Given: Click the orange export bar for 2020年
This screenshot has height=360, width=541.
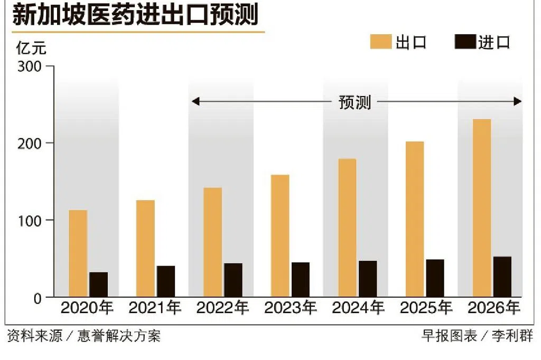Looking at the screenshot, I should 78,253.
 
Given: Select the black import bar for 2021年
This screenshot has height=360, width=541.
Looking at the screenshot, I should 166,281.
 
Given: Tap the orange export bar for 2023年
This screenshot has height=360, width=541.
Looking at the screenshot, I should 280,235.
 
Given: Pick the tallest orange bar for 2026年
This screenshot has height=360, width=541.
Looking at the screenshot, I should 481,208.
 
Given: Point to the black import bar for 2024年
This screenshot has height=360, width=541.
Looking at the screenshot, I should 368,279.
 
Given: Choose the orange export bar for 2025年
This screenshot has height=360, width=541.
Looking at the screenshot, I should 415,219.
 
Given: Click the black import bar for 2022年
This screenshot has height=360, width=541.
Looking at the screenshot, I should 233,280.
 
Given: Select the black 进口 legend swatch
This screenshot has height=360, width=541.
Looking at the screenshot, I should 465,42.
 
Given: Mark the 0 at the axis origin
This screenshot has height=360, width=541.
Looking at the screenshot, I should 36,298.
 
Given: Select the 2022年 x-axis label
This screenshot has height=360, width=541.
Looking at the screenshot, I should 222,308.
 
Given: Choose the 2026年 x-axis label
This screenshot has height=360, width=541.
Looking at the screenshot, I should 494,308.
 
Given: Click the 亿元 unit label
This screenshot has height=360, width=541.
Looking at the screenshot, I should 31,49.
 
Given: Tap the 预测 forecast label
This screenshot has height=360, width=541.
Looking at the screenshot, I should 355,102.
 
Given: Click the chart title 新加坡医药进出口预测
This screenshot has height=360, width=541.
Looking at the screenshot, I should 135,15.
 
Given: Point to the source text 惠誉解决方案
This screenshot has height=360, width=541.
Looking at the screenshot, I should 118,336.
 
